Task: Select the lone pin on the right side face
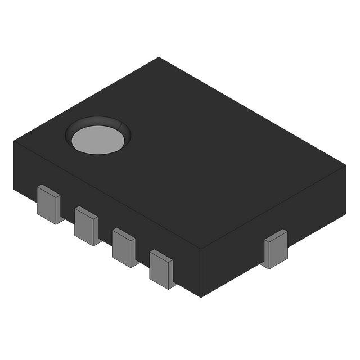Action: point(276,249)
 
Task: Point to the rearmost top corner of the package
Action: point(159,57)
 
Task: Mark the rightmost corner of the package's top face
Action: point(346,165)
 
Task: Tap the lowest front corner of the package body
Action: point(201,297)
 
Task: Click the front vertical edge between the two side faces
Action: point(201,273)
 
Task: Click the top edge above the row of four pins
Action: point(107,195)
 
